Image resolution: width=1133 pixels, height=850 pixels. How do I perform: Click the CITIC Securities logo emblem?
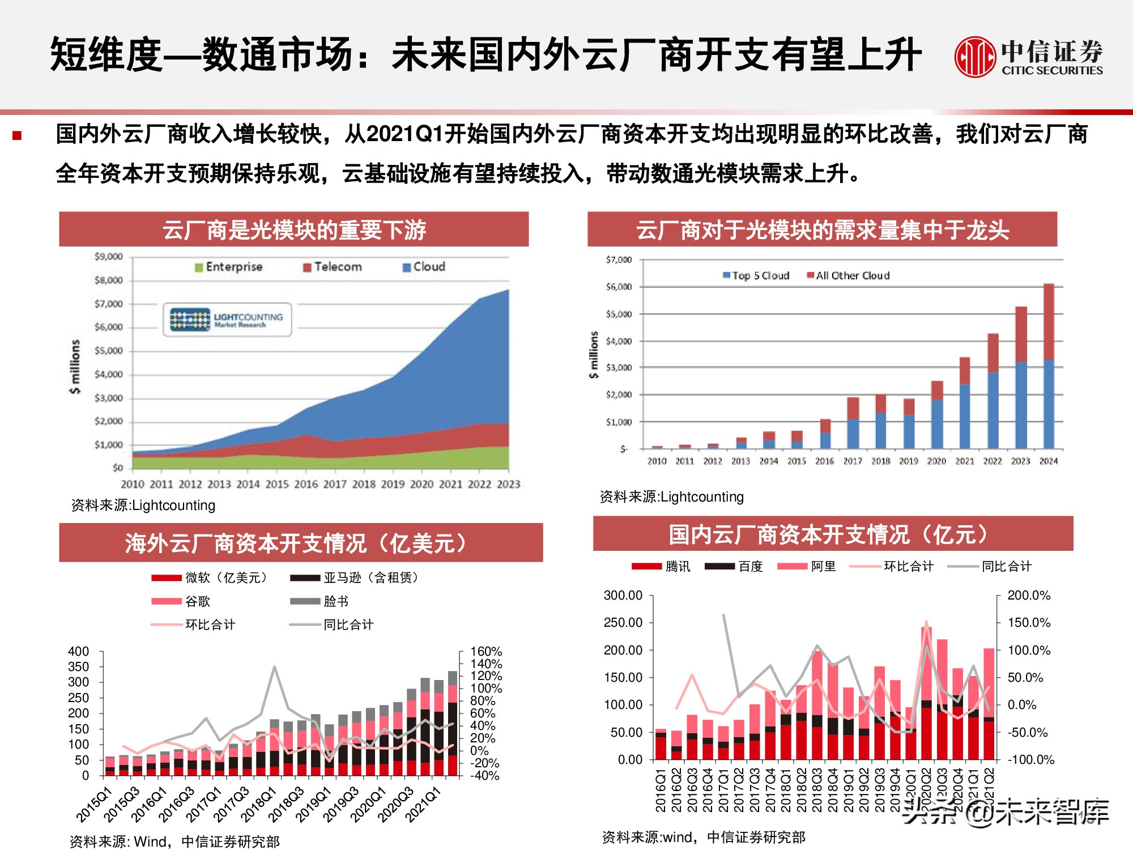pyautogui.click(x=974, y=57)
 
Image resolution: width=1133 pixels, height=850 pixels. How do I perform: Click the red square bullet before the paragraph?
pyautogui.click(x=17, y=135)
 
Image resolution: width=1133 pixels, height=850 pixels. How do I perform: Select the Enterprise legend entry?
pyautogui.click(x=229, y=267)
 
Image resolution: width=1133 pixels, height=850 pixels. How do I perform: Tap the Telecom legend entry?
pyautogui.click(x=333, y=267)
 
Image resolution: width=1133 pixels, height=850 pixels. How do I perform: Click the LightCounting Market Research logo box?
pyautogui.click(x=228, y=320)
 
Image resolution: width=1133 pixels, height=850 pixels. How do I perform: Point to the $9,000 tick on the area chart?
pyautogui.click(x=108, y=257)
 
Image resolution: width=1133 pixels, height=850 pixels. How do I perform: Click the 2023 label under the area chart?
pyautogui.click(x=508, y=484)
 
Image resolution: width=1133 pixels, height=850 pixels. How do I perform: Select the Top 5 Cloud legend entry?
pyautogui.click(x=756, y=275)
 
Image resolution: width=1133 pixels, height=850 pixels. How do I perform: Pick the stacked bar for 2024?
pyautogui.click(x=1049, y=366)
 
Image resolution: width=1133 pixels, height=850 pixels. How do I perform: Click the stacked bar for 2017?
pyautogui.click(x=853, y=423)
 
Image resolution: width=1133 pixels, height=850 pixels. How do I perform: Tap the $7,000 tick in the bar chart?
pyautogui.click(x=619, y=260)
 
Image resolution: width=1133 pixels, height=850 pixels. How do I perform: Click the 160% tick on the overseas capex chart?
pyautogui.click(x=486, y=651)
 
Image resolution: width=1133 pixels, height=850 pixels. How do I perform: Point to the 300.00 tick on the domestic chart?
pyautogui.click(x=623, y=595)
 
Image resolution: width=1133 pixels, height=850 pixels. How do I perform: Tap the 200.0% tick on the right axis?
pyautogui.click(x=1028, y=595)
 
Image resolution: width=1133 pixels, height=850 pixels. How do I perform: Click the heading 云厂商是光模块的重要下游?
pyautogui.click(x=293, y=229)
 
